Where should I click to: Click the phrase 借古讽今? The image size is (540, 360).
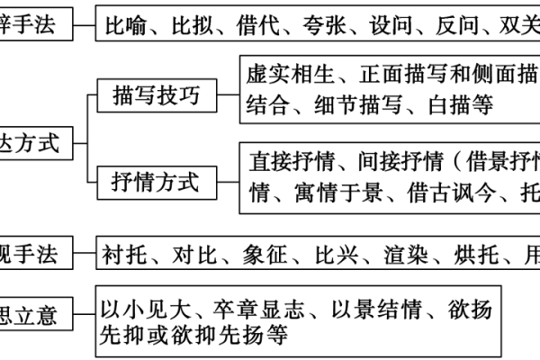459,193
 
